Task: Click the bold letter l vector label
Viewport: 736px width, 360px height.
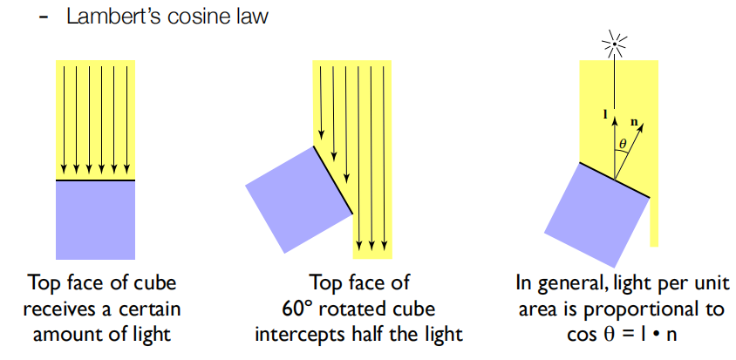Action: click(605, 114)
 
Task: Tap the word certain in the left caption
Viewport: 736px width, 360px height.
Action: click(156, 308)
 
